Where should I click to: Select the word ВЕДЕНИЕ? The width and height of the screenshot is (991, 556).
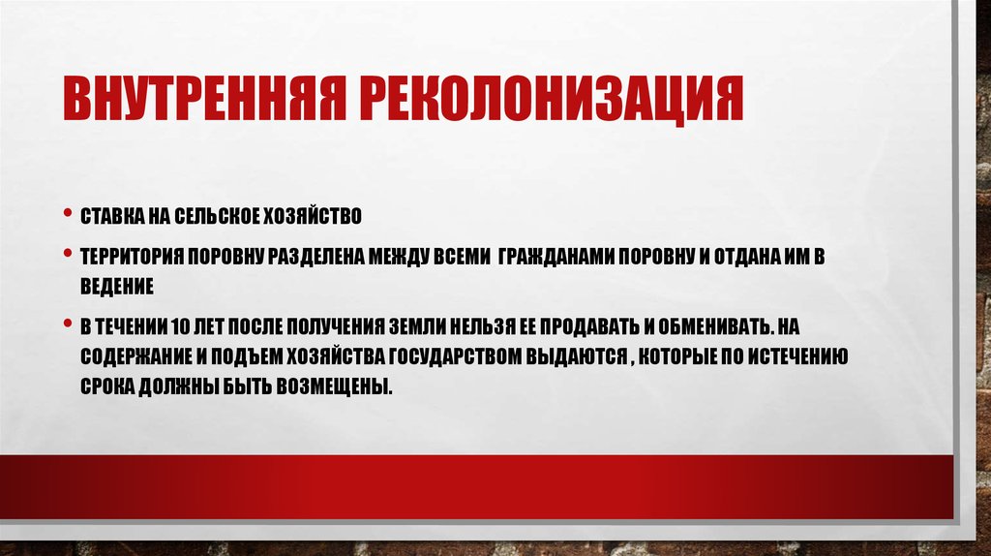117,287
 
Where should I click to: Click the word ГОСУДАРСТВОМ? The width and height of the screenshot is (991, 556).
457,355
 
